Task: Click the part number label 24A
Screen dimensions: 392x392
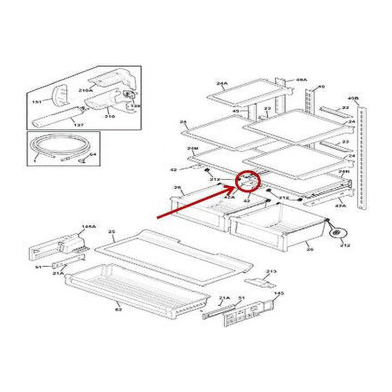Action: click(221, 84)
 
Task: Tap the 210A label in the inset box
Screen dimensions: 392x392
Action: click(86, 90)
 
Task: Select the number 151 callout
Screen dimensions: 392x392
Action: click(37, 102)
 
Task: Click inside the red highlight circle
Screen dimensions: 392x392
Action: click(249, 182)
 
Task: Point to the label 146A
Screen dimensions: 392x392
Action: click(87, 226)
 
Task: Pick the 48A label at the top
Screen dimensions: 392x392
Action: click(301, 80)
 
